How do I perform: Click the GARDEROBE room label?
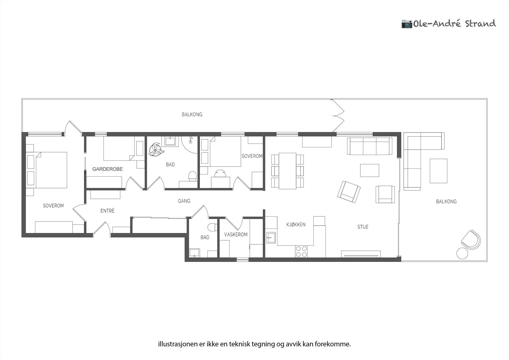(108, 169)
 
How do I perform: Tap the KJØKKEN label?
(296, 225)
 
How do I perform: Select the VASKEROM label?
(236, 235)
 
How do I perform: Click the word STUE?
(363, 227)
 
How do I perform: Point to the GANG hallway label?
(184, 201)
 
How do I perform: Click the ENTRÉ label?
(107, 211)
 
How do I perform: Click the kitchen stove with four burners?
(302, 251)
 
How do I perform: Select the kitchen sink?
(271, 238)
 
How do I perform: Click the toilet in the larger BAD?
(192, 176)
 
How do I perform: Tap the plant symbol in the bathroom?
(156, 149)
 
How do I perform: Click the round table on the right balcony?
(462, 253)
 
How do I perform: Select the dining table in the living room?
(287, 171)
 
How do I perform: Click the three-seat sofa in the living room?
(369, 146)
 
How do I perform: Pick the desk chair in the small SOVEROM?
(220, 173)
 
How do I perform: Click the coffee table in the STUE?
(369, 170)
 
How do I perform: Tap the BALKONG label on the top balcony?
(192, 115)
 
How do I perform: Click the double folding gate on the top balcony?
(338, 116)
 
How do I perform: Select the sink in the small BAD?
(194, 253)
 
